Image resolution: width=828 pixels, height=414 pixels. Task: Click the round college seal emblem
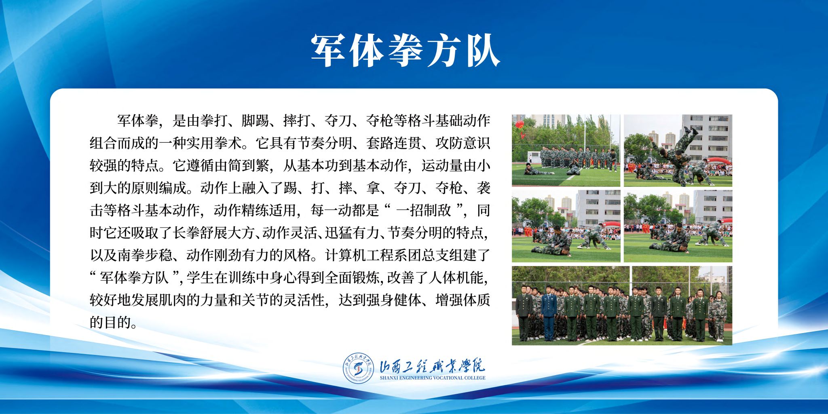point(359,368)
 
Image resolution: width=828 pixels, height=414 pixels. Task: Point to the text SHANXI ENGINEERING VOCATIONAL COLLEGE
point(432,378)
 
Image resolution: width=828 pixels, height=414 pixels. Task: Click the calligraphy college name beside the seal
point(432,365)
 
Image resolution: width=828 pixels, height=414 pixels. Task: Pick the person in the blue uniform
point(549,313)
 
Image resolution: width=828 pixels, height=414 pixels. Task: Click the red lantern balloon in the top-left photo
point(519,124)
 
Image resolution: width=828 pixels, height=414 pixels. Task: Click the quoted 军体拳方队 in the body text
point(134,278)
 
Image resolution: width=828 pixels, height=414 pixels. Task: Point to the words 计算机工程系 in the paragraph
point(366,255)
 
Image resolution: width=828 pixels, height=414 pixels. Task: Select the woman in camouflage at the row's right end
point(719,316)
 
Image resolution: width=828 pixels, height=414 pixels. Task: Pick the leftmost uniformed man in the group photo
point(524,313)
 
